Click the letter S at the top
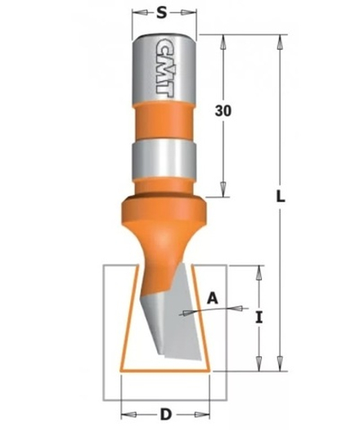click(164, 13)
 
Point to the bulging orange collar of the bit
click(164, 214)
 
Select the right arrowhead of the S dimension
click(193, 14)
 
